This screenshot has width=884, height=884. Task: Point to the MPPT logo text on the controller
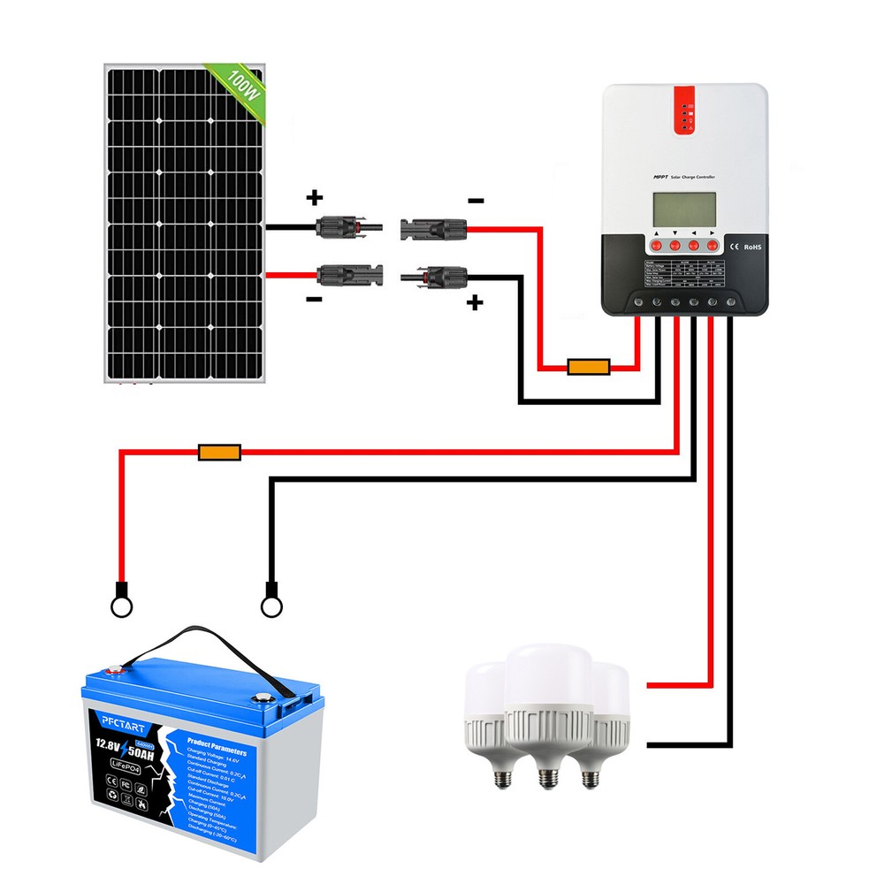point(652,178)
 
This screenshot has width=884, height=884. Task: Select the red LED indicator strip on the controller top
point(684,110)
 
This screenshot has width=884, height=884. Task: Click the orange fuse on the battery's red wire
point(218,453)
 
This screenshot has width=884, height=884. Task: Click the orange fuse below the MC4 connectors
point(587,366)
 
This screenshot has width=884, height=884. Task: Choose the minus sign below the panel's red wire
point(313,300)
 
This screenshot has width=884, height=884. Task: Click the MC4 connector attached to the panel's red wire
point(350,274)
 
